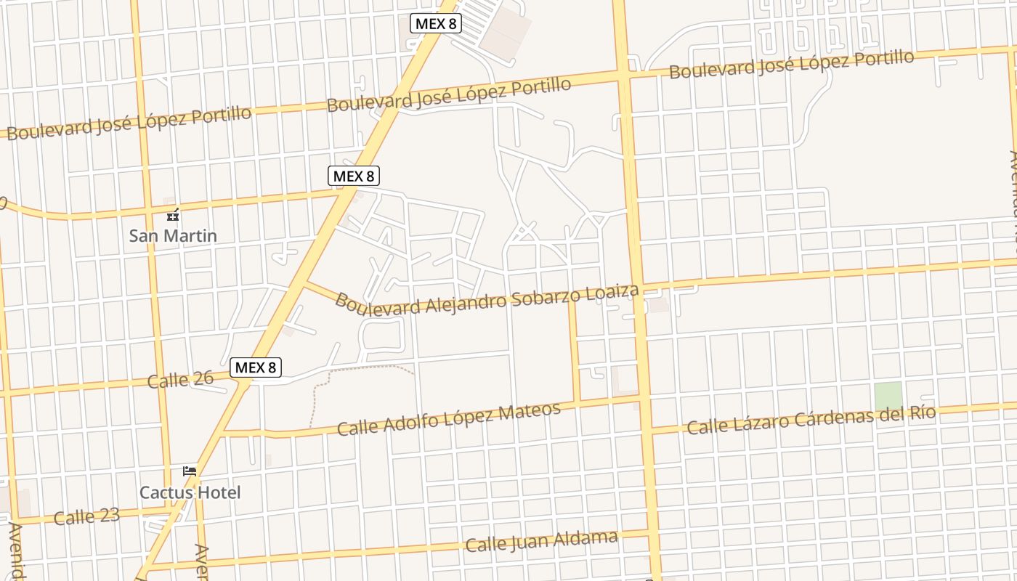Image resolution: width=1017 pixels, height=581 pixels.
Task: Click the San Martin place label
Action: click(x=173, y=235)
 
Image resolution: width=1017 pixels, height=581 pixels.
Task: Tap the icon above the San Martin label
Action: click(x=173, y=215)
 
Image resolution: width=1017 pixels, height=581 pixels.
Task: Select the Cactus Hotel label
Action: click(x=190, y=492)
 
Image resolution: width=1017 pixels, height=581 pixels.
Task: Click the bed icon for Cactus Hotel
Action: click(x=190, y=471)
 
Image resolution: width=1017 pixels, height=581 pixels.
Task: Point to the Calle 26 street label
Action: click(x=180, y=379)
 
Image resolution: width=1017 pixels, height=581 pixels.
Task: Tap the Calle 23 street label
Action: click(x=86, y=517)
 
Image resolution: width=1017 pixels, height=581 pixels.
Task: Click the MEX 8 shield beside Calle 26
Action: click(x=256, y=367)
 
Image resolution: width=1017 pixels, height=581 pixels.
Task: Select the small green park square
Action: click(x=888, y=395)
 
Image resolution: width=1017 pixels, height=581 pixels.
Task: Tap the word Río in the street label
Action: click(x=921, y=413)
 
